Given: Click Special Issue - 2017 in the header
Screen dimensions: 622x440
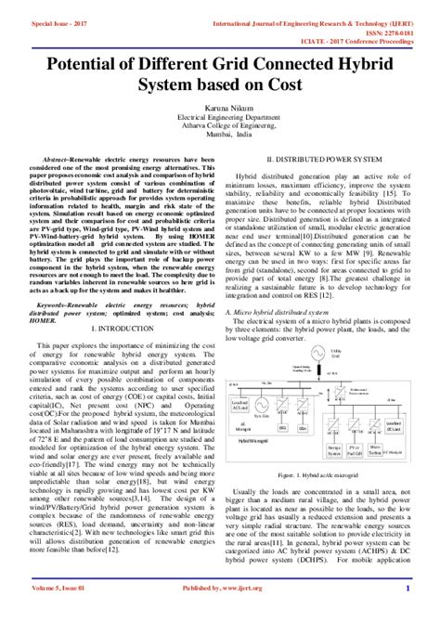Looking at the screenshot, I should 58,18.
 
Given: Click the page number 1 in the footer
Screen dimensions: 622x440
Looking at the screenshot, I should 407,614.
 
